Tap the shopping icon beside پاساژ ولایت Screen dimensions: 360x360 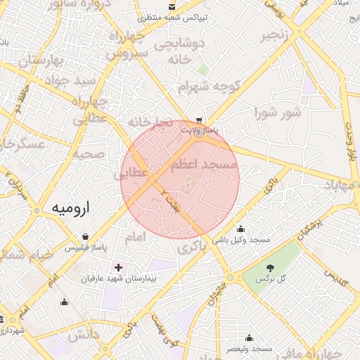point(200,120)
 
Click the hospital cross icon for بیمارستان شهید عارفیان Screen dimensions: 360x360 point(118,268)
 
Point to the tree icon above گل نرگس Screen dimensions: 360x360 point(271,266)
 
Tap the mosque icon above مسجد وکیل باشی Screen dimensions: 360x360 point(241,229)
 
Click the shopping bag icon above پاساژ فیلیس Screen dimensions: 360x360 point(86,237)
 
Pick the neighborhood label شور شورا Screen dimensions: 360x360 point(278,112)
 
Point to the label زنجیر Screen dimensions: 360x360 point(276,35)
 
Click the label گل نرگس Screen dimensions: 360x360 point(271,278)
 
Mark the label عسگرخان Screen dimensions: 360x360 point(22,143)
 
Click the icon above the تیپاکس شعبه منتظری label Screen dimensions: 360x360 point(172,6)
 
